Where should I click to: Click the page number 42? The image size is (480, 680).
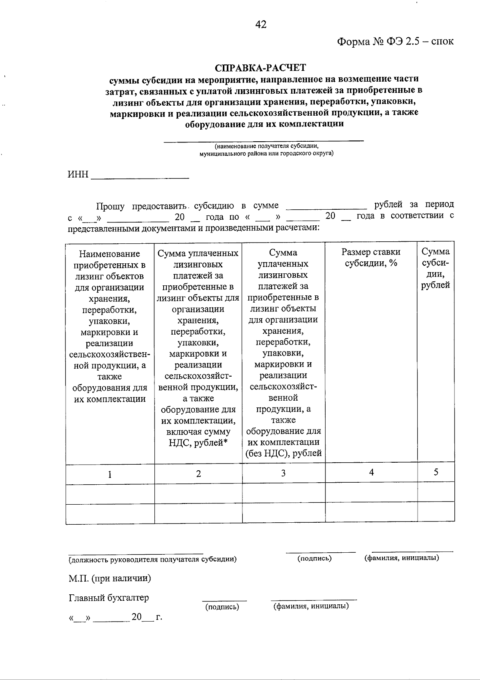[261, 25]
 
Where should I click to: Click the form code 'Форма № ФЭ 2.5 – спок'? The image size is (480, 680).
[395, 42]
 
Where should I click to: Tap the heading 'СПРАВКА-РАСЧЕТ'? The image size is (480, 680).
[260, 68]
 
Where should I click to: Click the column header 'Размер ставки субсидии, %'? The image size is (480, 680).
[371, 257]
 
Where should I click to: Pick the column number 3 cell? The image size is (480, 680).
[283, 473]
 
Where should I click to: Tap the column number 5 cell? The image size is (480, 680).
[436, 472]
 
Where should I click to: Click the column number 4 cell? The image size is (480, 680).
[371, 473]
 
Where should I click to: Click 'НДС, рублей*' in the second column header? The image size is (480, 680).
[198, 443]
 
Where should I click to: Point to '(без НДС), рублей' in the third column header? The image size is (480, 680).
[284, 453]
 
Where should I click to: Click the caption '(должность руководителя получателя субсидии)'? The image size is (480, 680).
[152, 559]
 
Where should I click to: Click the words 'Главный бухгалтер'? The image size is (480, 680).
[109, 598]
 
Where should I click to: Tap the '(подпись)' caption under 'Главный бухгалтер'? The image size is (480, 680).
[222, 607]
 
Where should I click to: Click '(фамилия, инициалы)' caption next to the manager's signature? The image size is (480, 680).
[402, 558]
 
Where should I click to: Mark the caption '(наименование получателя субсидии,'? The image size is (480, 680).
[266, 146]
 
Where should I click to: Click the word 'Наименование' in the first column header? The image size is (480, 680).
[110, 254]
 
